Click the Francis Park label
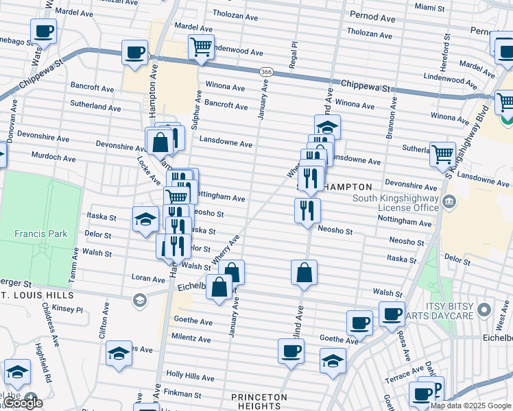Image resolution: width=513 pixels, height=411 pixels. (41, 234)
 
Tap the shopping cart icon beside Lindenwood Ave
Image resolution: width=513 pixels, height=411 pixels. (201, 48)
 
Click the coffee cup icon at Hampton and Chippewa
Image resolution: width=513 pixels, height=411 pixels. (134, 52)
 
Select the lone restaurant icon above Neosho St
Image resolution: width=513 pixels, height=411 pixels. (307, 209)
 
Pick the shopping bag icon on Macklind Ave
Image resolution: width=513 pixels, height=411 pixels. (304, 272)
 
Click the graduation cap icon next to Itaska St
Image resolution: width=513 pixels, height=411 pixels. (145, 219)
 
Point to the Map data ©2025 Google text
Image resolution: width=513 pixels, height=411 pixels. (470, 406)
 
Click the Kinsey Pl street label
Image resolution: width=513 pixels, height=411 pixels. (67, 310)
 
